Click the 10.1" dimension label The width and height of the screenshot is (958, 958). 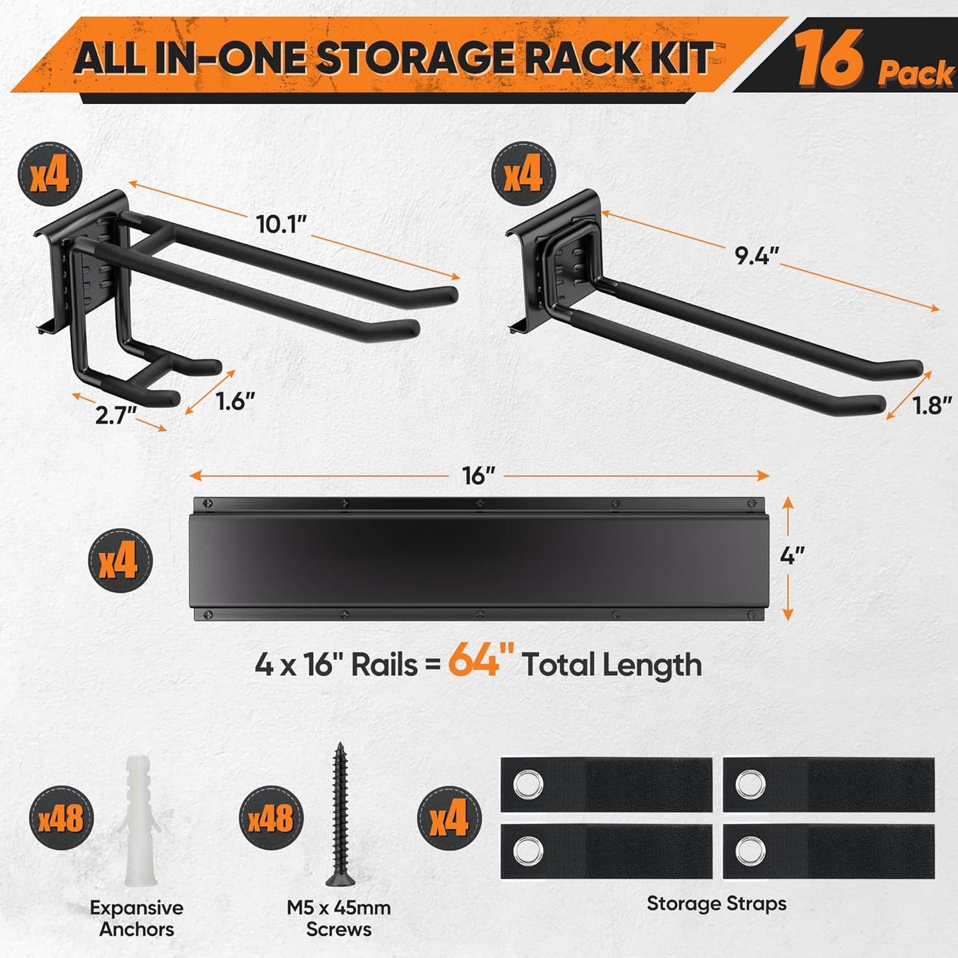click(282, 225)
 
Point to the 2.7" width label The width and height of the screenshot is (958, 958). click(116, 415)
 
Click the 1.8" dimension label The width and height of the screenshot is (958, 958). click(931, 405)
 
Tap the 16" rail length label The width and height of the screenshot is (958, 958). click(479, 475)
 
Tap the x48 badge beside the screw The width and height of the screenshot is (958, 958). click(270, 819)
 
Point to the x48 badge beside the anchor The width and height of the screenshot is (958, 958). click(61, 819)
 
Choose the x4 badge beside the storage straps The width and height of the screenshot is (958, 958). click(448, 818)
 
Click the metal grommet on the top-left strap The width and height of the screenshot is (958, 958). click(528, 786)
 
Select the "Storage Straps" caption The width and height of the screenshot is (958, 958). click(716, 903)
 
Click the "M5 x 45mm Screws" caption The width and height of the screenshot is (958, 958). click(339, 918)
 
